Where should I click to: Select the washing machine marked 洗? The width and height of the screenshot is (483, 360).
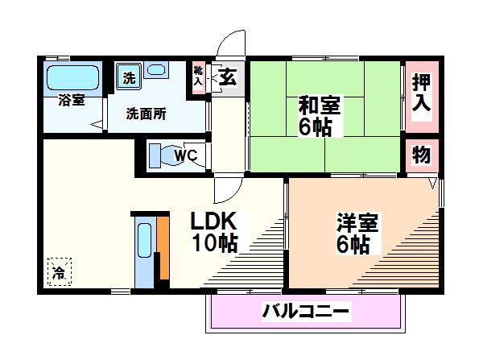tap(129, 78)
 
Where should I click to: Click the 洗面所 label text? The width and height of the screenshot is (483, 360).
tap(146, 114)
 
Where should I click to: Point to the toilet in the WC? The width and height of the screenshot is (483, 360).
tap(165, 155)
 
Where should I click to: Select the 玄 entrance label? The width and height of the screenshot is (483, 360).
tap(228, 78)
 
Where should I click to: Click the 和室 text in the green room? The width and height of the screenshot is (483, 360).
tap(320, 105)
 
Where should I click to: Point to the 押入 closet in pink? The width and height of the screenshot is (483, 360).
tap(422, 91)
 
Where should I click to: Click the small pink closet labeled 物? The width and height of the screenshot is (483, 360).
tap(422, 154)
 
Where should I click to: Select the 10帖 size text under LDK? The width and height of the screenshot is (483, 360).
tap(215, 244)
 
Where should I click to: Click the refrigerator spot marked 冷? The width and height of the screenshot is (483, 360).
tap(57, 271)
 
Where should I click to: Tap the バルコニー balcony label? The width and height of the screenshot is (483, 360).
tap(306, 312)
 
